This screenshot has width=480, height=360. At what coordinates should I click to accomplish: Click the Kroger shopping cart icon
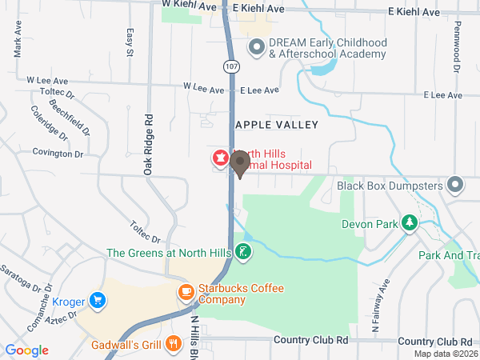tap(98, 300)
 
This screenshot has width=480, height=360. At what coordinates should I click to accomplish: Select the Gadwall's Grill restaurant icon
tap(174, 345)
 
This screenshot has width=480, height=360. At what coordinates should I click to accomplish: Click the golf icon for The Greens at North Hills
tap(242, 254)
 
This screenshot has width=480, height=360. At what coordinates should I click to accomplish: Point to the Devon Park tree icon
tap(410, 223)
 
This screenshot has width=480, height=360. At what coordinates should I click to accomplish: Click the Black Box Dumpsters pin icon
tap(456, 185)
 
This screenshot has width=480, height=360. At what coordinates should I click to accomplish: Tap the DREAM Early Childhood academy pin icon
tap(256, 48)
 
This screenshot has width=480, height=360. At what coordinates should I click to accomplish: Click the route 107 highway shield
tap(230, 65)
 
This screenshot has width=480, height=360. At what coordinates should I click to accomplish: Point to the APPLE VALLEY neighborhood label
tap(276, 125)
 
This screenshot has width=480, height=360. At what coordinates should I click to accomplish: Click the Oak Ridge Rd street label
tap(148, 144)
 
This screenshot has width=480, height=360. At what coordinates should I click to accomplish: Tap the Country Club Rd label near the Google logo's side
tap(312, 340)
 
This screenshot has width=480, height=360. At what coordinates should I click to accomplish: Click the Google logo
tap(27, 350)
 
